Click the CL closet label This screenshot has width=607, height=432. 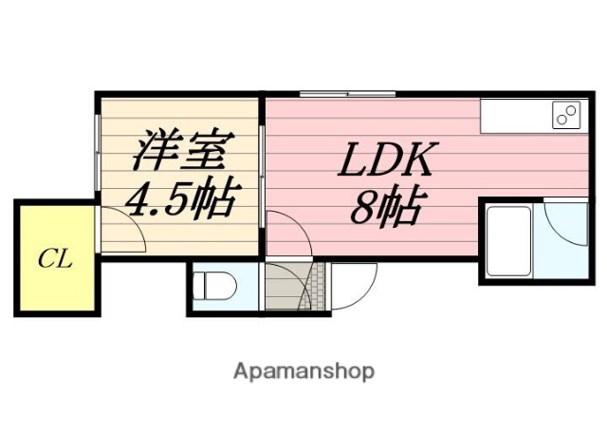coord(55,258)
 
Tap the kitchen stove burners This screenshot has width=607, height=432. coord(565,116)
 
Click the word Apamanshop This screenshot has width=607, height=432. coord(303,370)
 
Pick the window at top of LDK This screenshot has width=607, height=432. coord(346,94)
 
